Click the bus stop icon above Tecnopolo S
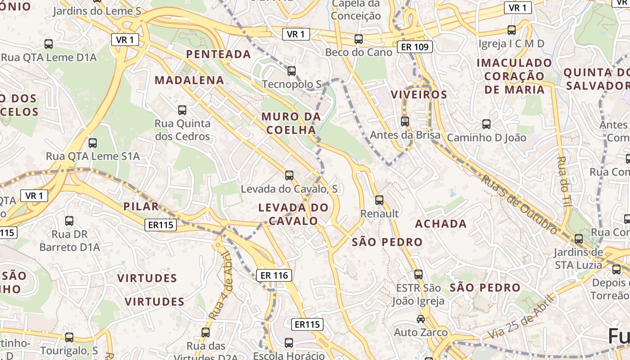click(292, 71)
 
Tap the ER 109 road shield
click(415, 46)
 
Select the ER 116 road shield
click(274, 275)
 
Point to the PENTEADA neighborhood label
click(218, 54)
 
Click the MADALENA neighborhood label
click(189, 81)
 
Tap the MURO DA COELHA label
click(291, 123)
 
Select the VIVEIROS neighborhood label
click(419, 94)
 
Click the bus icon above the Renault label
click(379, 200)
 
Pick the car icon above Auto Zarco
click(421, 319)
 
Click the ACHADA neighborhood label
click(441, 224)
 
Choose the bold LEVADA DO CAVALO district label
click(293, 214)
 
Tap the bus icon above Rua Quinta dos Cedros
click(182, 110)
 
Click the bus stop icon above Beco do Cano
click(359, 39)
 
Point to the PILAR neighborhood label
click(141, 207)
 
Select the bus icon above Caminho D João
click(486, 124)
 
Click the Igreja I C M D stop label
click(511, 44)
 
